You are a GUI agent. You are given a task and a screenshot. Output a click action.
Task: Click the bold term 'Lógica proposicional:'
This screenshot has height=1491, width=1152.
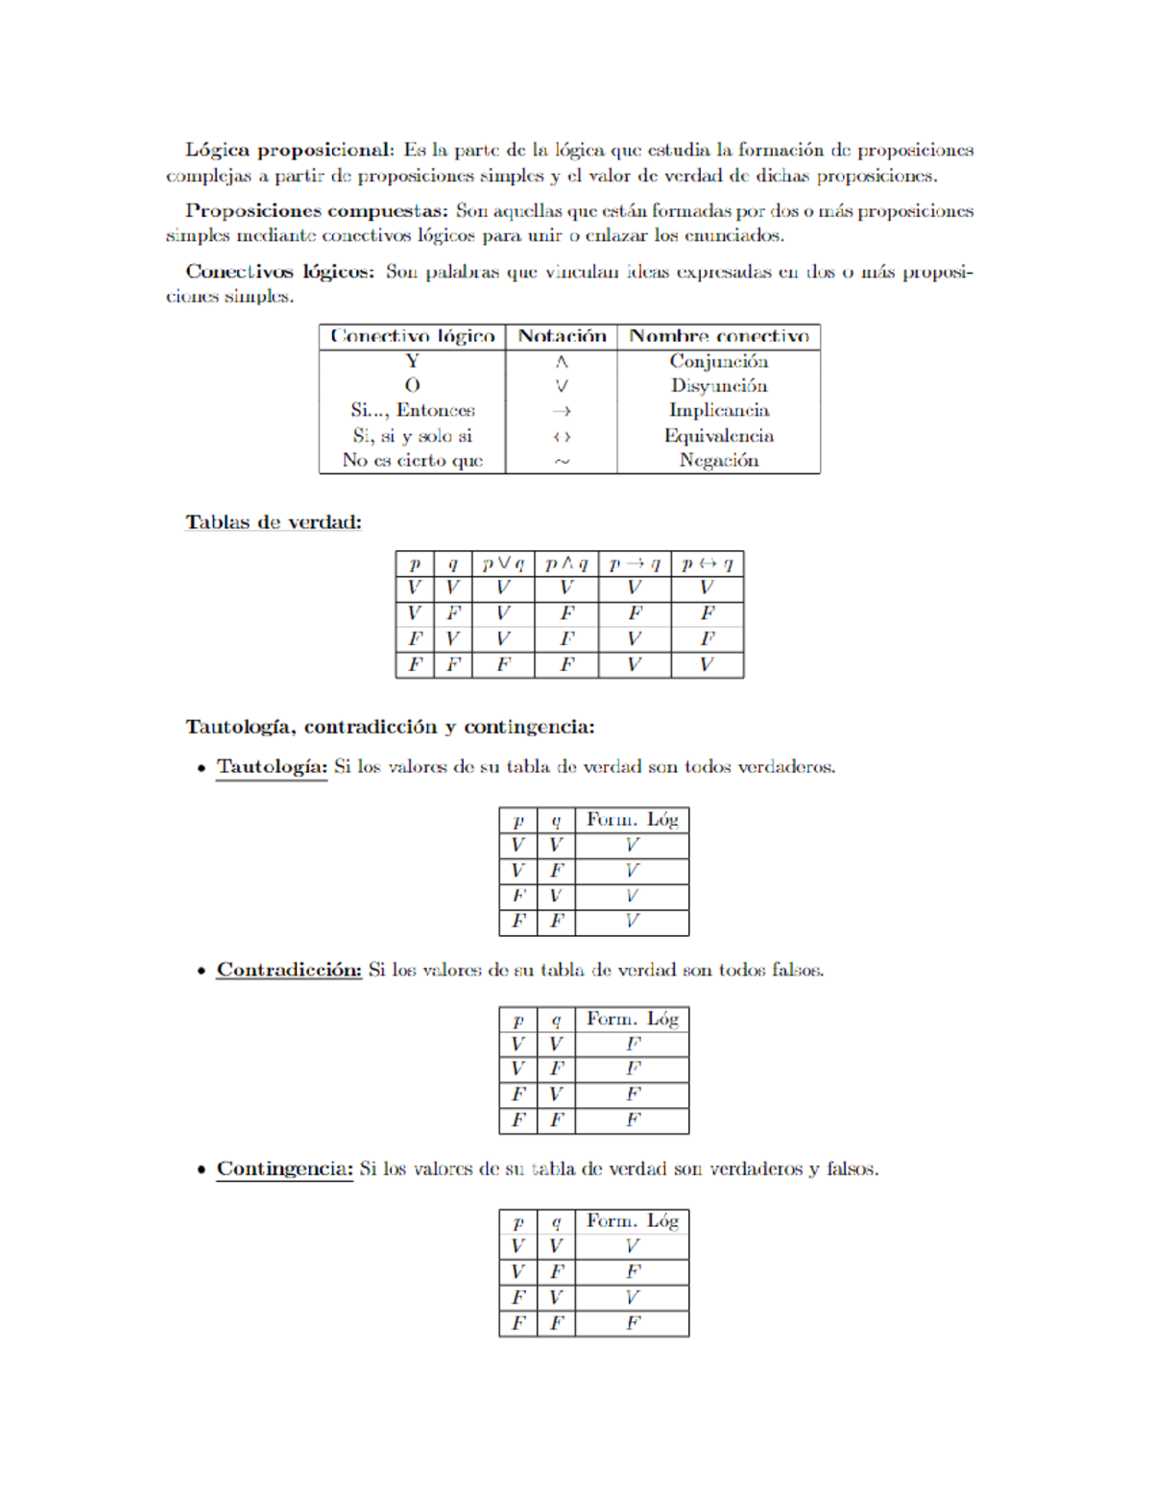[289, 150]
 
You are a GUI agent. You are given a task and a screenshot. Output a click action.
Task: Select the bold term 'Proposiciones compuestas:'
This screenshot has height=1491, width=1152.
[316, 210]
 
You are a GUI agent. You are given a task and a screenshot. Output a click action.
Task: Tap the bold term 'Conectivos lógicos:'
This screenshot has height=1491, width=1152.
[279, 272]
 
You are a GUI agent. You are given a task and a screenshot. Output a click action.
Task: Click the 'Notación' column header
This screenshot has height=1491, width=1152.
[562, 336]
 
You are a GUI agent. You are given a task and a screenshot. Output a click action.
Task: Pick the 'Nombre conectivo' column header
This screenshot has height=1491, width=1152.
[718, 336]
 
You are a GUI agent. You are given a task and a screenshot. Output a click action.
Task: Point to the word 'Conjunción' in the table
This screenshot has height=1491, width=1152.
[718, 361]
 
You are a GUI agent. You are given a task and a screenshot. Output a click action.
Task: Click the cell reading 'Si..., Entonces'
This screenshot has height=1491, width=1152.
[412, 410]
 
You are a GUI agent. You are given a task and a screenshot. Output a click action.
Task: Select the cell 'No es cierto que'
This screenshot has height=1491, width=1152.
[412, 460]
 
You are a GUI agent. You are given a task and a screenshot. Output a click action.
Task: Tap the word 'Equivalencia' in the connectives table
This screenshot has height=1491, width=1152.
[718, 435]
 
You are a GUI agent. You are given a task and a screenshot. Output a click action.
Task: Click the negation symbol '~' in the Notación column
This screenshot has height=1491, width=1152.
[562, 461]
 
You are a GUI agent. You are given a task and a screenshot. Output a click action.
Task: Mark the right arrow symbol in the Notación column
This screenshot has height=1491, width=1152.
[562, 411]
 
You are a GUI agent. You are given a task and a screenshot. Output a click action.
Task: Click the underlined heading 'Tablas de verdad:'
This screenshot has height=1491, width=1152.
[273, 522]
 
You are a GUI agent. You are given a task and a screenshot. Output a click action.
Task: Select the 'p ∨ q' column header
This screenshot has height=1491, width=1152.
[502, 564]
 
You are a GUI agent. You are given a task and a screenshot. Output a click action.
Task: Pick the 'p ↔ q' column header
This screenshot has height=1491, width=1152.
[707, 564]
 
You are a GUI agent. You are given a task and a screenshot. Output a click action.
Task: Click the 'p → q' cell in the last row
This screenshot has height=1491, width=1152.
[634, 664]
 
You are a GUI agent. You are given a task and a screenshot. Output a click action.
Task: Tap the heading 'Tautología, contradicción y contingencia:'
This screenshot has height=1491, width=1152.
[390, 727]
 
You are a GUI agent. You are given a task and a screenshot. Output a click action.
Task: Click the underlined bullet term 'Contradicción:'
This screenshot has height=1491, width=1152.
[289, 970]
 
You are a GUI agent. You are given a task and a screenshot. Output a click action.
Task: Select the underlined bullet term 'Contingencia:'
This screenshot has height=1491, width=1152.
[284, 1168]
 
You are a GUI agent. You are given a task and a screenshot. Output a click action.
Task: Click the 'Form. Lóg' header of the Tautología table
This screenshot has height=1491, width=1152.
[632, 820]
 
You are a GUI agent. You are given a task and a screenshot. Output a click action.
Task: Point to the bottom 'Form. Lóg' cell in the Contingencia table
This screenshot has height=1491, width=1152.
[632, 1323]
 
